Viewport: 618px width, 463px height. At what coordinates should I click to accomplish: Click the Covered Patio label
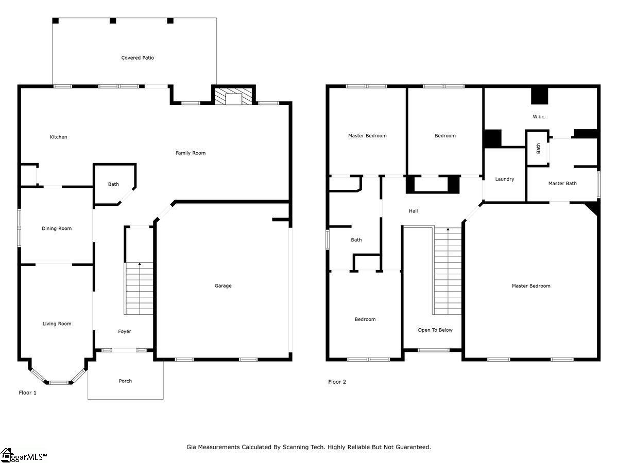pos(138,58)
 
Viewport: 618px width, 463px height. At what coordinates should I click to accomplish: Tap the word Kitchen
pos(58,137)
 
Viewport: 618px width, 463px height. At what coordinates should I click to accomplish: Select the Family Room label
pos(191,153)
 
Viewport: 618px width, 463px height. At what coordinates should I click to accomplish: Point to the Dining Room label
pos(57,228)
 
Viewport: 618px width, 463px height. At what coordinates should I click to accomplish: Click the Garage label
pos(223,286)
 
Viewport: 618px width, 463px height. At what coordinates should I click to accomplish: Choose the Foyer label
pos(125,331)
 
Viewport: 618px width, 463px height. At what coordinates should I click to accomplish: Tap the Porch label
pos(125,381)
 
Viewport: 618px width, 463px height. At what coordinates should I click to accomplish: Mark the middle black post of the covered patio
pos(113,21)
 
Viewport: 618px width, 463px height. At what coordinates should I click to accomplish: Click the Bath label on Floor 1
pos(113,184)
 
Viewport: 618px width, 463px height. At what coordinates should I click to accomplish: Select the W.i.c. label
pos(539,117)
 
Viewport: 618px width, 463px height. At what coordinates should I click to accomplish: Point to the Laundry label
pos(505,179)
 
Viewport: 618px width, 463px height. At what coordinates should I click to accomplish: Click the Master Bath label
pos(562,184)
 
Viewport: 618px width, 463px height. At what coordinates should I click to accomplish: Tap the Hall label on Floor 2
pos(414,211)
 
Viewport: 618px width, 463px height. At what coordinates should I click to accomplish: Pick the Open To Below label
pos(435,330)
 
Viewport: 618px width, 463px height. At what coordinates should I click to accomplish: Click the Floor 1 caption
pos(27,393)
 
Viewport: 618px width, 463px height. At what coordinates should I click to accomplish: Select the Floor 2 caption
pos(337,382)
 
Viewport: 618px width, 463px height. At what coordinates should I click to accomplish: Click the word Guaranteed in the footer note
pos(413,447)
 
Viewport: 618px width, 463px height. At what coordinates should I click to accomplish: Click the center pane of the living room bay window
pos(59,382)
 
